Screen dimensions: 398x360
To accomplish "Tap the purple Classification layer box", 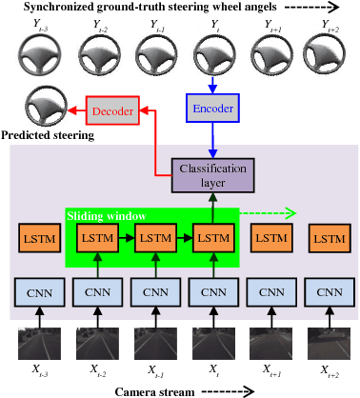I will (212, 176).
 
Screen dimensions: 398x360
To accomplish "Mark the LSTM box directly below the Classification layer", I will (212, 237).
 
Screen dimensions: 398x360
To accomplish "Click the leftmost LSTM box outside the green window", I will (37, 237).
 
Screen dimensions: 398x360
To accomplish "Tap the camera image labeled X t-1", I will (153, 343).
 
